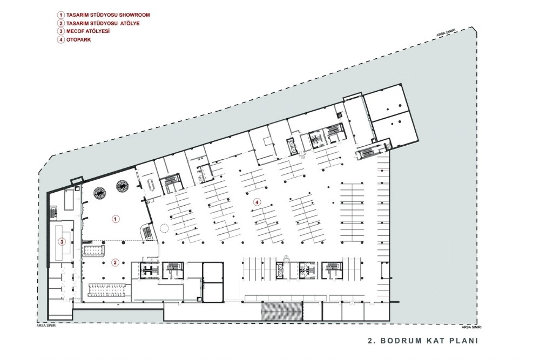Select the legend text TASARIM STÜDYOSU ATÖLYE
[x=103, y=23]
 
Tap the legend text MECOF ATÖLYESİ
[x=88, y=31]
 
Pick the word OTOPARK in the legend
[x=78, y=39]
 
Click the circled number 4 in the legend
[x=61, y=39]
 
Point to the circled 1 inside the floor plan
[x=116, y=219]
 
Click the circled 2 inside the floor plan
[x=116, y=263]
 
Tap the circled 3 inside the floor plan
[x=62, y=242]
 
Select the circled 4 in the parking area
[x=256, y=202]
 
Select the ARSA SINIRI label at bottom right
[x=471, y=327]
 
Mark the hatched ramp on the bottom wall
[x=282, y=311]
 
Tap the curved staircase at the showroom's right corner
[x=147, y=232]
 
